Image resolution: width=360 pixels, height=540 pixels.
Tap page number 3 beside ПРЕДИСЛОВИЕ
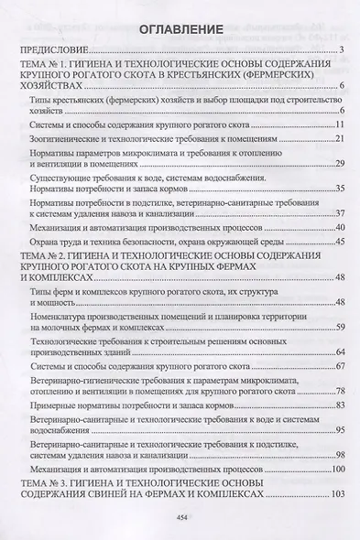(x=339, y=49)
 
